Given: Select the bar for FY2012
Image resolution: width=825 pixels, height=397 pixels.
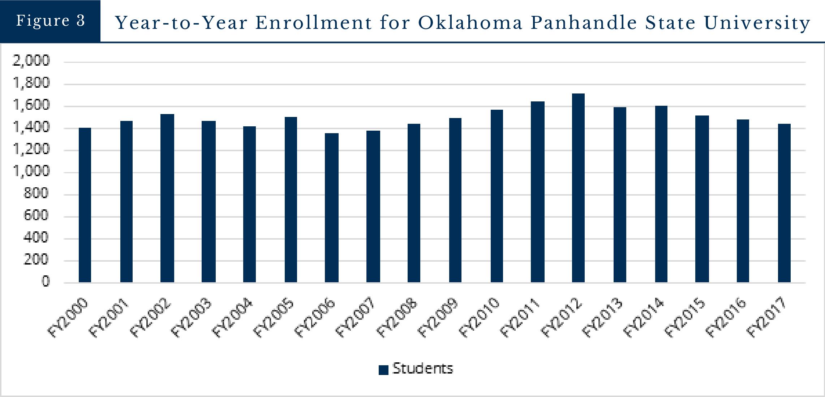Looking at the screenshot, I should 578,188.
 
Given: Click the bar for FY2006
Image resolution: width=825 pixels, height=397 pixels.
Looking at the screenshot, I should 331,208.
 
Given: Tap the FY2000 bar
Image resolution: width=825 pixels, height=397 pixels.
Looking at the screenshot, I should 85,205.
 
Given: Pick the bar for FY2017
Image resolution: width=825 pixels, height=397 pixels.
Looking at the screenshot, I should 784,203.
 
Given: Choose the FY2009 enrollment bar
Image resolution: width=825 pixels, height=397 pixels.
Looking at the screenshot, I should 455,200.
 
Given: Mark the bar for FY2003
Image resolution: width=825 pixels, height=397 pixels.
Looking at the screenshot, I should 209,201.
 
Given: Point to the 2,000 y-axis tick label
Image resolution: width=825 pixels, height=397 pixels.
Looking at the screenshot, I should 31,61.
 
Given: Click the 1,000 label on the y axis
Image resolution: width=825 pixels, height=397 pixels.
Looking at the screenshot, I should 31,171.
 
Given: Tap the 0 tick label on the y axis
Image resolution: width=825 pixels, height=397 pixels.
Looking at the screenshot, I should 45,282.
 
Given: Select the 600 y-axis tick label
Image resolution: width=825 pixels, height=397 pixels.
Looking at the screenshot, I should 36,216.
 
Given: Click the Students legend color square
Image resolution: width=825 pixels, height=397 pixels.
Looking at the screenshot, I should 383,370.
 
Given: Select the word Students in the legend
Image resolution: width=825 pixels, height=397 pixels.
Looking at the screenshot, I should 422,369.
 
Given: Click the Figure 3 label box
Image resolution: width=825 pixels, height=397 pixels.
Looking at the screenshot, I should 50,21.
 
